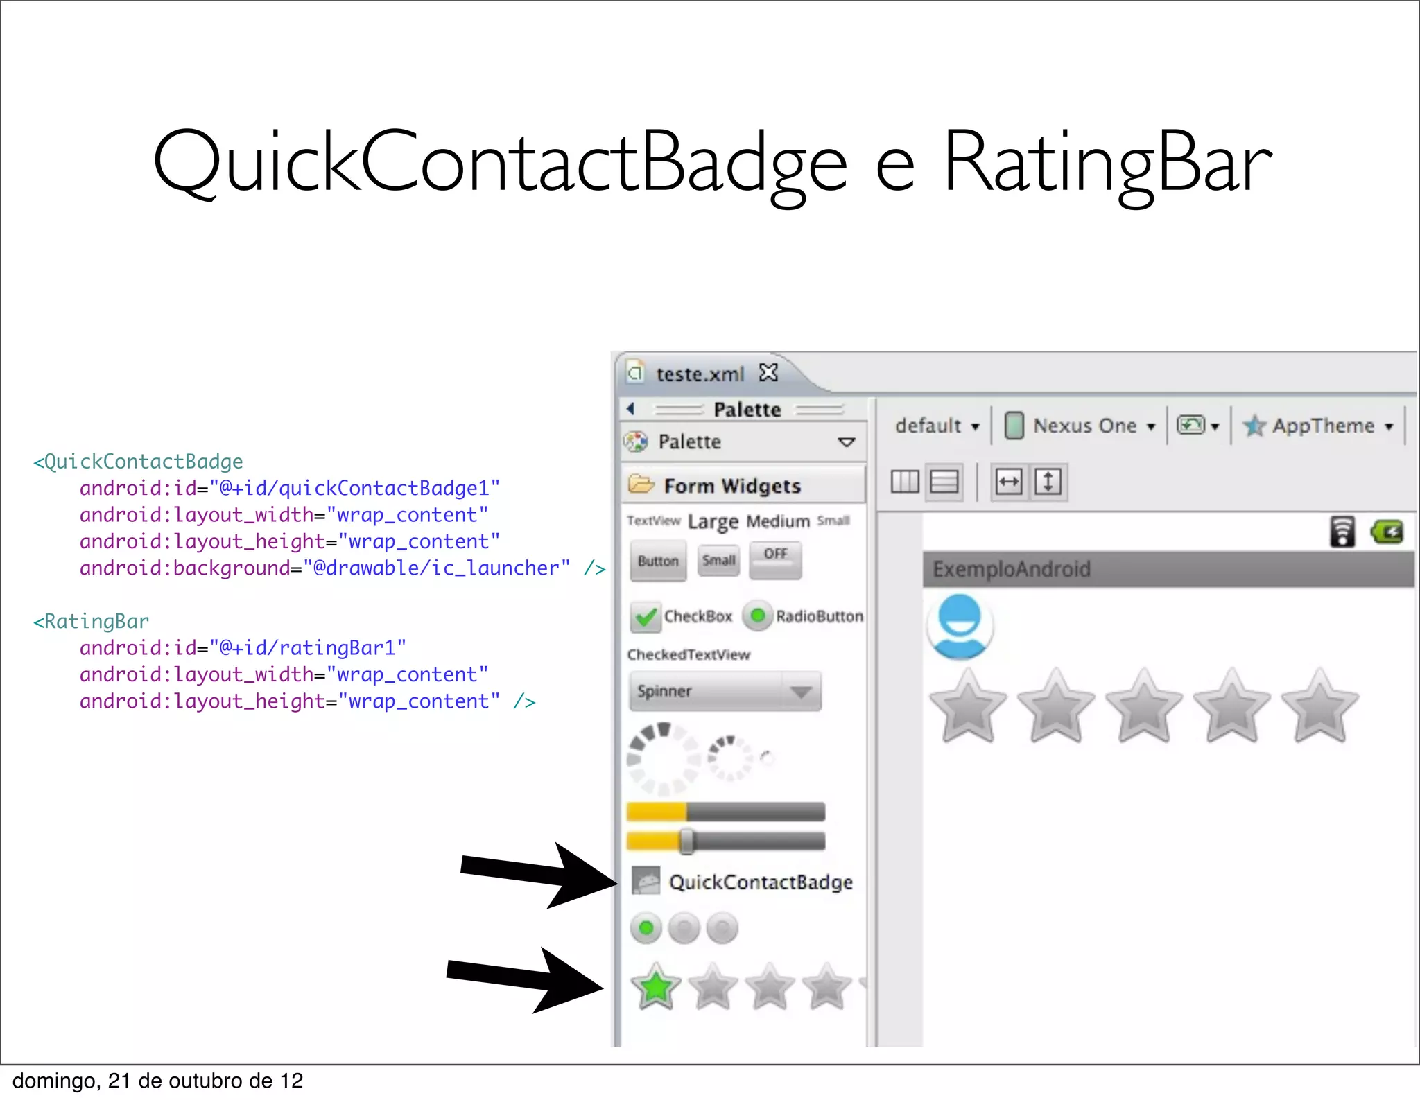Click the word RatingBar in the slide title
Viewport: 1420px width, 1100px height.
click(1107, 164)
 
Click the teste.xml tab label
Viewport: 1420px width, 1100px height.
click(700, 374)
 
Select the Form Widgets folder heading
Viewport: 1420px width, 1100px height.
click(731, 486)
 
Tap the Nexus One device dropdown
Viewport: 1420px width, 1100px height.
click(1084, 426)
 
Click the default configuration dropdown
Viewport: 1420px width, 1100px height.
click(936, 426)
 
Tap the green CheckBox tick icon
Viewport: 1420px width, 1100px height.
click(646, 616)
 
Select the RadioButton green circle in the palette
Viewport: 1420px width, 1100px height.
click(758, 616)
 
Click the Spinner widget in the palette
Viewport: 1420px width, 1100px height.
click(725, 691)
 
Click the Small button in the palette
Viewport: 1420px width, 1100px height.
click(718, 560)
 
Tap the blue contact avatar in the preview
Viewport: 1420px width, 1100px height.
click(960, 626)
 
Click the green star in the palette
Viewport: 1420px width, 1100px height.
click(655, 986)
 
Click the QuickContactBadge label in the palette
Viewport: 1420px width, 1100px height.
click(761, 882)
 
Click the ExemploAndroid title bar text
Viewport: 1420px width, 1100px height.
click(1011, 569)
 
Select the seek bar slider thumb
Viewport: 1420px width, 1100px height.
click(686, 841)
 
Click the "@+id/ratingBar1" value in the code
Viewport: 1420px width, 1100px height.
click(308, 648)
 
